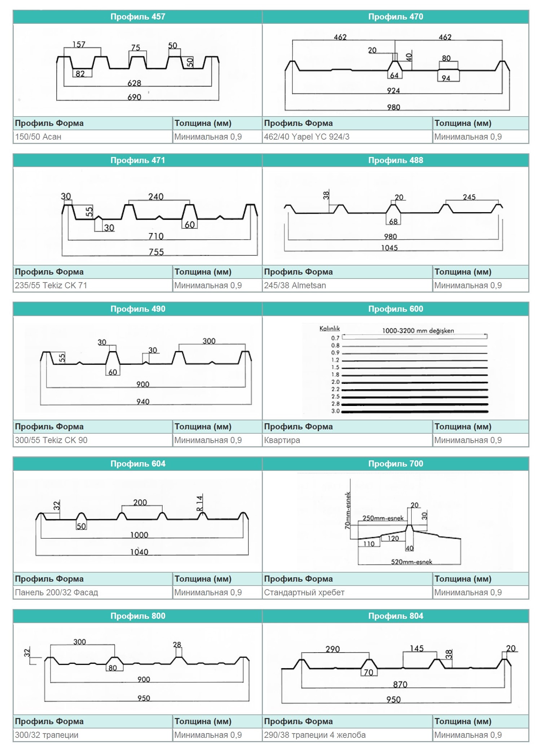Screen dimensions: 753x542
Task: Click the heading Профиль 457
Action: [x=137, y=17]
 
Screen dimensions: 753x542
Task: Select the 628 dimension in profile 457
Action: [x=134, y=83]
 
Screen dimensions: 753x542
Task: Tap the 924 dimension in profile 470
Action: [x=393, y=91]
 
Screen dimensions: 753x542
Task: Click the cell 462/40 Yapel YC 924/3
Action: [x=307, y=137]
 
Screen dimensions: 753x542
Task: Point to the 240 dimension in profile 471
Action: [x=156, y=197]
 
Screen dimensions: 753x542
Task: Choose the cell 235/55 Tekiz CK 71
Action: [x=51, y=286]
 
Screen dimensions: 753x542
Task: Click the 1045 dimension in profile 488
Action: [x=389, y=248]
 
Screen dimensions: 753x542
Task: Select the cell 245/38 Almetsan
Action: [x=295, y=286]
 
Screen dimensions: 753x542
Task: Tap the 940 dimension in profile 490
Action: [x=143, y=402]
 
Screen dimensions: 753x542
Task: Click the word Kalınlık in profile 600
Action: [x=330, y=329]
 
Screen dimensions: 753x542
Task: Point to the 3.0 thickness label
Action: [x=335, y=411]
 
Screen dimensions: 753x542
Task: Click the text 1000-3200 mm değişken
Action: [x=418, y=331]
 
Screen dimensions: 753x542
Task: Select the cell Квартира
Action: [x=282, y=441]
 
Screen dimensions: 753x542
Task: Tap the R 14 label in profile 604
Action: [x=199, y=503]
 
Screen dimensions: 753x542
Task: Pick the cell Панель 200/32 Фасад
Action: [x=56, y=593]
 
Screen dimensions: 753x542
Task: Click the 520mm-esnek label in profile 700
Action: [x=411, y=562]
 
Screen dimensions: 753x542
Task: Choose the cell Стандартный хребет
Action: [x=304, y=593]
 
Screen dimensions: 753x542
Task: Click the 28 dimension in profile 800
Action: [x=177, y=644]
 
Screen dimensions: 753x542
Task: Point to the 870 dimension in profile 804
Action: [x=400, y=684]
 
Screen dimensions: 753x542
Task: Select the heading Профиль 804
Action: [x=396, y=616]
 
